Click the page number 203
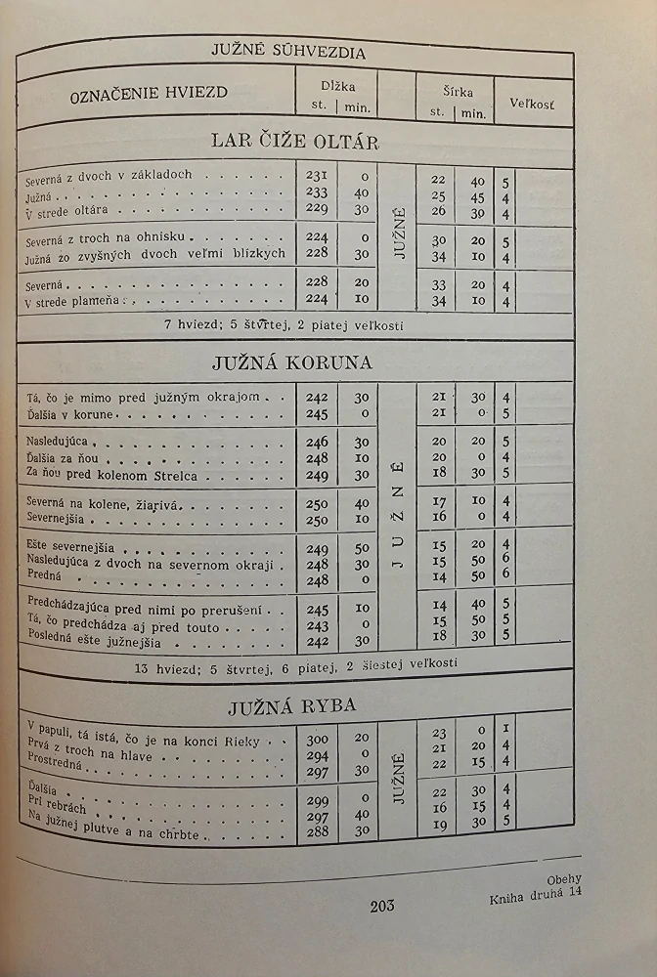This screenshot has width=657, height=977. pos(382,906)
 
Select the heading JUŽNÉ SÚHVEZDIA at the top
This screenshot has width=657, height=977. pos(288,52)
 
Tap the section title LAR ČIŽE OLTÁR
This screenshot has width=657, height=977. pos(295,140)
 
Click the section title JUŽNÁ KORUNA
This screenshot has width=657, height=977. pos(292,362)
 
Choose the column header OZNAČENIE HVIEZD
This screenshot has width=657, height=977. pos(149,93)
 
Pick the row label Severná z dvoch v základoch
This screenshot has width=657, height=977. pos(109,177)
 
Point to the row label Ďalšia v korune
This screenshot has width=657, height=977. pos(72,414)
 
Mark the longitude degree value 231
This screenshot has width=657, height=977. pos(317,177)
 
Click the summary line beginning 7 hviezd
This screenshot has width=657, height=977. pos(292,325)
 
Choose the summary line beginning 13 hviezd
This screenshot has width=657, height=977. pos(292,663)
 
